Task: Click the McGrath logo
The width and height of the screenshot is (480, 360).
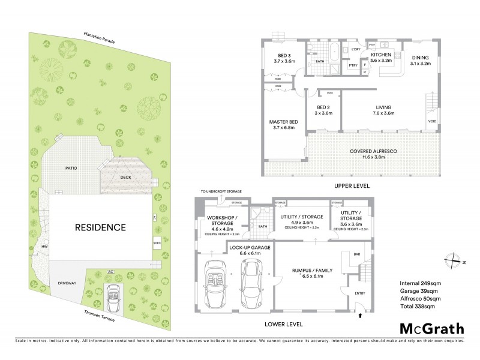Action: tap(431, 328)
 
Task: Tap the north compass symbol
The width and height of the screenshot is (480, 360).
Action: tap(452, 260)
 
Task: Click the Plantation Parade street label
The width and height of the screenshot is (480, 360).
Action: tap(99, 38)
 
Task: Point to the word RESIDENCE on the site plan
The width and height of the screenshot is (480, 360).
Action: tap(100, 227)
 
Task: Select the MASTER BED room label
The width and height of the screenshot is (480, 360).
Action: tap(281, 124)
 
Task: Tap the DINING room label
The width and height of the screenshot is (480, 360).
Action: tap(420, 56)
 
